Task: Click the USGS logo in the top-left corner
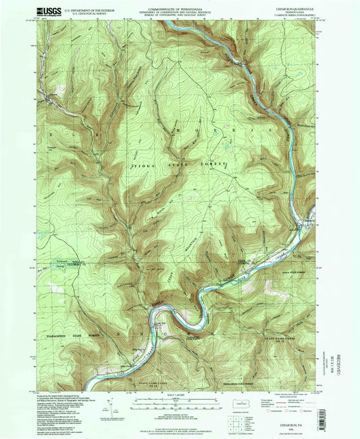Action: (x=26, y=10)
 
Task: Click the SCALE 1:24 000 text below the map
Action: (x=178, y=396)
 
